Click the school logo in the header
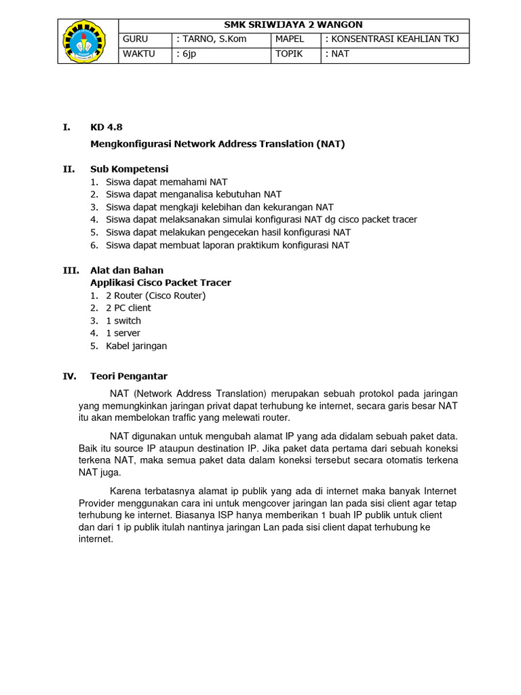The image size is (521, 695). (88, 41)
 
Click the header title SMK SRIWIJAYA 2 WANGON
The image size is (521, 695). (293, 25)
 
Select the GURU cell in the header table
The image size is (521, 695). (145, 39)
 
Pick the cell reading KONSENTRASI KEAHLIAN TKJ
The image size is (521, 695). (394, 39)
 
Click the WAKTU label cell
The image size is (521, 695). (145, 54)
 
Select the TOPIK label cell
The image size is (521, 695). (296, 54)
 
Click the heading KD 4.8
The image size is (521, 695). (106, 127)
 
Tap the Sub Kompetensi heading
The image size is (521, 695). (129, 168)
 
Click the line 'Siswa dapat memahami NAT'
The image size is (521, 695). (166, 182)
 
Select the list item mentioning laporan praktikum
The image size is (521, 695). (227, 245)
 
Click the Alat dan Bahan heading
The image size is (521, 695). (126, 270)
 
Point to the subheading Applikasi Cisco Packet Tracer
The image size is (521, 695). (161, 282)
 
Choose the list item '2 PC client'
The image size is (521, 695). (128, 307)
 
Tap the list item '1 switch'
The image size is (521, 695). (123, 320)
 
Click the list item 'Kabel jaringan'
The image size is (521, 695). (136, 345)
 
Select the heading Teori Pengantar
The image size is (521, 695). (129, 376)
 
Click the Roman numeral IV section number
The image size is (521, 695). (69, 376)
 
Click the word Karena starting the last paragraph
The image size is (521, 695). (126, 491)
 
